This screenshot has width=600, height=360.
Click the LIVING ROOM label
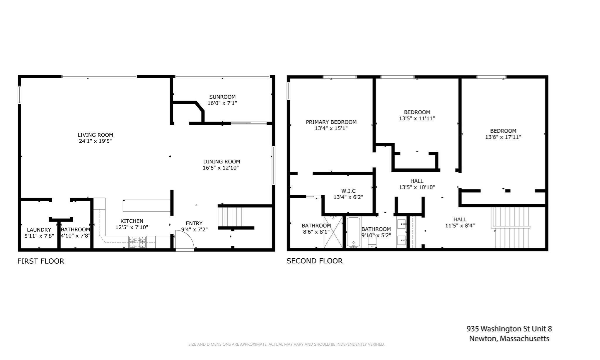(95, 135)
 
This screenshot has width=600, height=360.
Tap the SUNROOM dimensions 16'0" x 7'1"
(222, 103)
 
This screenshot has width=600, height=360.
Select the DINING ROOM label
(221, 161)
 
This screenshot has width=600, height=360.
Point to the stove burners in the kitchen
(137, 242)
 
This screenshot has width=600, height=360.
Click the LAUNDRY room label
(39, 230)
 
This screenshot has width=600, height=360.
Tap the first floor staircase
(230, 217)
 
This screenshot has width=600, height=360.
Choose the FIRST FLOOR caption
(41, 261)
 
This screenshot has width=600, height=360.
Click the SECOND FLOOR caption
(314, 261)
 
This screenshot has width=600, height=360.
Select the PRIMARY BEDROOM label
(331, 122)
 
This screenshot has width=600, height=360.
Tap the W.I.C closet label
(348, 191)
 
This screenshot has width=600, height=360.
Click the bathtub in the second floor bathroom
(353, 232)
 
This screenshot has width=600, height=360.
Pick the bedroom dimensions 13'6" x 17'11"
(503, 137)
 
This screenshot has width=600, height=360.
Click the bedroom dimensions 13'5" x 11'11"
(417, 119)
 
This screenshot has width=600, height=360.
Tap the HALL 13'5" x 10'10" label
(417, 181)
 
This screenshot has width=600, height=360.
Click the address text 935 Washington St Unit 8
(509, 329)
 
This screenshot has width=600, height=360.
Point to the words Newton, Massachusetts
(509, 339)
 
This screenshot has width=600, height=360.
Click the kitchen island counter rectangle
(146, 206)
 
